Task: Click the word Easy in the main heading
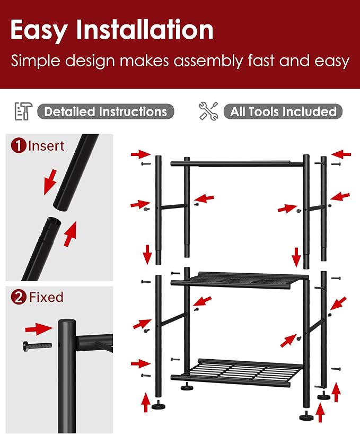tap(39, 30)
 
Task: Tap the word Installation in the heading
tap(145, 29)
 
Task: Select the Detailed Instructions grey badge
tap(106, 111)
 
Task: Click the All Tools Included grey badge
tap(283, 111)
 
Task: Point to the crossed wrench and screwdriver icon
tap(208, 111)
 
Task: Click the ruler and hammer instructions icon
tap(23, 111)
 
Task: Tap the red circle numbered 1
tap(19, 145)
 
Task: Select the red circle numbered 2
tap(19, 297)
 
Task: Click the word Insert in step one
tap(46, 146)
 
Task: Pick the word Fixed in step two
tap(46, 297)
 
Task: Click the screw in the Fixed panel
tap(37, 346)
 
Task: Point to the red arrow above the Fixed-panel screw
tap(39, 328)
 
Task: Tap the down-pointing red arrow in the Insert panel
tap(50, 182)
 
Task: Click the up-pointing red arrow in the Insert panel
tap(69, 234)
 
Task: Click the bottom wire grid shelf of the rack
tap(236, 372)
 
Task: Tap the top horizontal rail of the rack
tap(237, 163)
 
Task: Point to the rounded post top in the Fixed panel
tap(67, 323)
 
